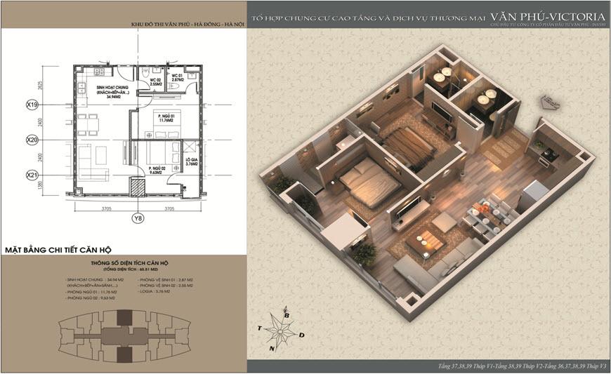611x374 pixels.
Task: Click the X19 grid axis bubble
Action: [32, 106]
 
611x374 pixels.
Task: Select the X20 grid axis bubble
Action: [32, 140]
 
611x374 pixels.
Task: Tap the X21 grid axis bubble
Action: [32, 174]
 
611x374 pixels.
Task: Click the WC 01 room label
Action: [176, 78]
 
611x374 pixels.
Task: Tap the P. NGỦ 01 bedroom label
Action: [166, 116]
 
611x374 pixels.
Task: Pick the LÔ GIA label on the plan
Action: [190, 164]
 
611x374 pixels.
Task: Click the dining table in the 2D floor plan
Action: [86, 121]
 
